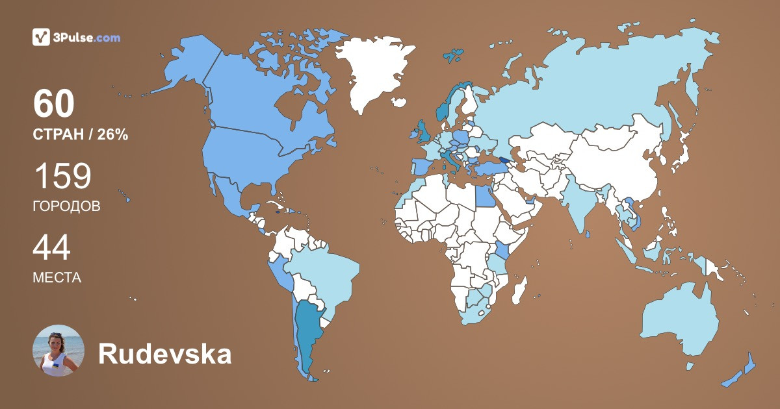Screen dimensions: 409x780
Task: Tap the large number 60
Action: point(54,104)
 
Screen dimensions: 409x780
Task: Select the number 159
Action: point(62,177)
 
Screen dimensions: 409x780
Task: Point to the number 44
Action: point(51,248)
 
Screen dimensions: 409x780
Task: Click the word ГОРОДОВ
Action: point(66,206)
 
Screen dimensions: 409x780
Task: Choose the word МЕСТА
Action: point(57,278)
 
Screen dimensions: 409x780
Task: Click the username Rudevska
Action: point(164,354)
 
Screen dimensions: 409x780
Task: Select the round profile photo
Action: point(58,351)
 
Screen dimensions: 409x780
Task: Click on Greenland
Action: point(373,71)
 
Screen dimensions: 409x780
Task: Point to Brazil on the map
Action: point(328,273)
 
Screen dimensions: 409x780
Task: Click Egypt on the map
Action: point(485,194)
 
